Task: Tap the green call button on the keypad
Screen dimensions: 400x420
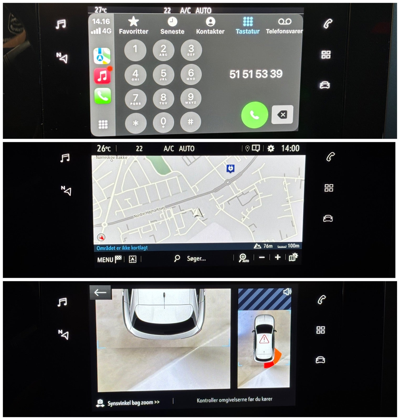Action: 254,115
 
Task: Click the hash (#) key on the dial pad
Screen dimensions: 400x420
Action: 191,122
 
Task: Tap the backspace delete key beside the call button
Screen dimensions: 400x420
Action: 282,114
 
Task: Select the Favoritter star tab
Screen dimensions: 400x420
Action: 134,25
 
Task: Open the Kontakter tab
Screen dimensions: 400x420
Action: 210,26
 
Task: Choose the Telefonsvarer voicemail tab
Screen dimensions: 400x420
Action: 284,26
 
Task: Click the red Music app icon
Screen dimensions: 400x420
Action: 102,76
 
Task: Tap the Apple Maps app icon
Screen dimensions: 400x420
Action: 102,56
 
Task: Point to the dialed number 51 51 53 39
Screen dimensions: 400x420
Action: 256,74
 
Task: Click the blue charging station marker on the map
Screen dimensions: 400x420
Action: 230,168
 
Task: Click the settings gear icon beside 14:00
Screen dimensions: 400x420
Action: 271,149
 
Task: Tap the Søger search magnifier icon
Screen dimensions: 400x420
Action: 177,258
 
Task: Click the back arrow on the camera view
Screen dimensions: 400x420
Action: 100,292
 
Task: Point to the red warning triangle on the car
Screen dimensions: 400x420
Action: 264,339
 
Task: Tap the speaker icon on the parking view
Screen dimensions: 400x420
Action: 287,292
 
